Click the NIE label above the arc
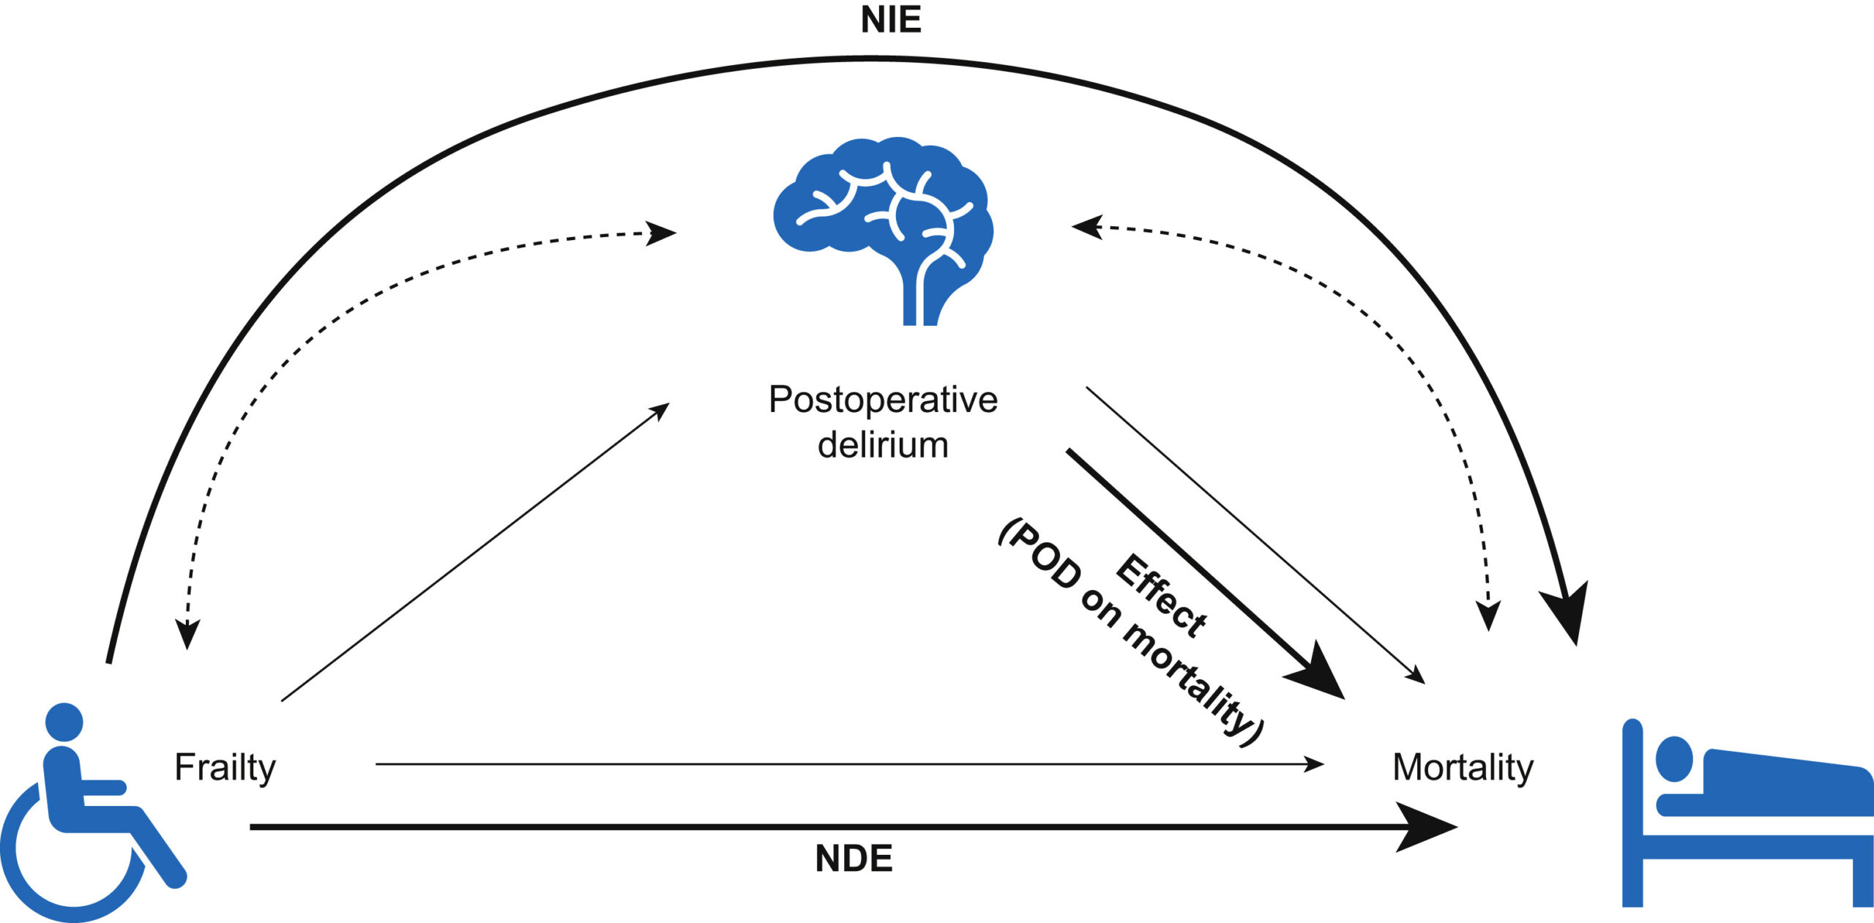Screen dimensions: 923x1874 890,20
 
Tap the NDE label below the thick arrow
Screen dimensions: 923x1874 854,859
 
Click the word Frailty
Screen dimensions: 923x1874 225,767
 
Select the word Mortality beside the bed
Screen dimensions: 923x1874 1463,767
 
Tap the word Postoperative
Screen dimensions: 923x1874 883,400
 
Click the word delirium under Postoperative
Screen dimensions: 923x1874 883,445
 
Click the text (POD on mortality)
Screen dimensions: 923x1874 1130,634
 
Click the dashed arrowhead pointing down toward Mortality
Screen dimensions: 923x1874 1487,616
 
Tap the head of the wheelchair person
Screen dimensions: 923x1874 64,722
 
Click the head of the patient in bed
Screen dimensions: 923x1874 1674,759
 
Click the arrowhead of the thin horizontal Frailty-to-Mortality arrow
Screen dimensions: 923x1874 1315,764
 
